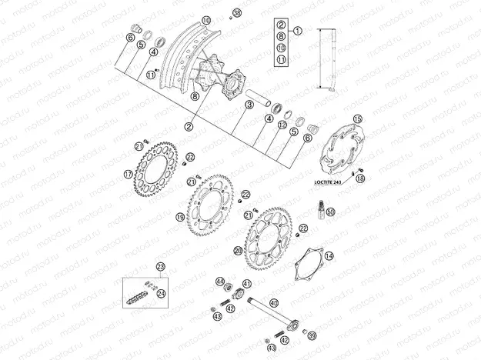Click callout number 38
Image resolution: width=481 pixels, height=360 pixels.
236,14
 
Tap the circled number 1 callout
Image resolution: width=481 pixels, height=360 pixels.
298,32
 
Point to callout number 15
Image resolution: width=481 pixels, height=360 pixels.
356,119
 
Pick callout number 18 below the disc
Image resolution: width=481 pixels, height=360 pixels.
360,178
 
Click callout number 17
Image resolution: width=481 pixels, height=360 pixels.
128,174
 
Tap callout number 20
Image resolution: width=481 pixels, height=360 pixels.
239,251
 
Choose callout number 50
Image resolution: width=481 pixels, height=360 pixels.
331,212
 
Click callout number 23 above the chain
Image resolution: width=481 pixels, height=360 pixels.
160,267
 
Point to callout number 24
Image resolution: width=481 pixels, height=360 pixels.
161,292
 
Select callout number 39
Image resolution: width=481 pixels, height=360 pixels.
312,336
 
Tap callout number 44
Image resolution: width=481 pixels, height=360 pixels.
220,282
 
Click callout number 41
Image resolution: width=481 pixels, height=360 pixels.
247,283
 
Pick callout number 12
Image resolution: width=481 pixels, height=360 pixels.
282,125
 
